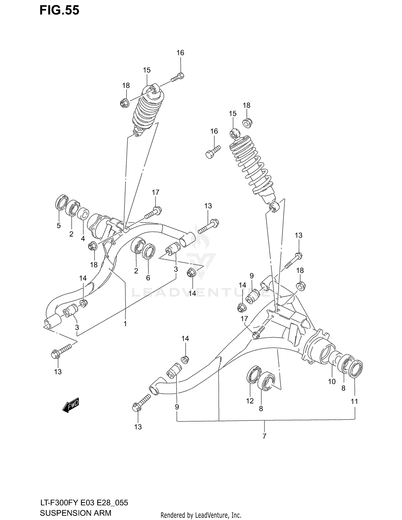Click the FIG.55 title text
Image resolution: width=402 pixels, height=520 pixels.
[x=59, y=10]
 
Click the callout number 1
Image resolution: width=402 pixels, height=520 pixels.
[x=125, y=324]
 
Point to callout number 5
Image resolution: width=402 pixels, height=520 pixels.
[x=59, y=226]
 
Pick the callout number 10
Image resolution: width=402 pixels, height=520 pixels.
[x=332, y=381]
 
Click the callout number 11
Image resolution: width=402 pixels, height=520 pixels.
[x=354, y=401]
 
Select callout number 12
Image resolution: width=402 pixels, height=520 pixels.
[x=250, y=401]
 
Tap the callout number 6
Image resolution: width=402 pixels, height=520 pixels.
[x=148, y=278]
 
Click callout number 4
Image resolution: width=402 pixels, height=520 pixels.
[x=83, y=238]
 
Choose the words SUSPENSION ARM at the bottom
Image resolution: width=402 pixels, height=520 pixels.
[x=75, y=513]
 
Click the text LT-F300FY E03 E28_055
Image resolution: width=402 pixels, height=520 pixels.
[x=84, y=503]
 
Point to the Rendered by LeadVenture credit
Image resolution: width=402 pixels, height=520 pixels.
[x=201, y=515]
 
